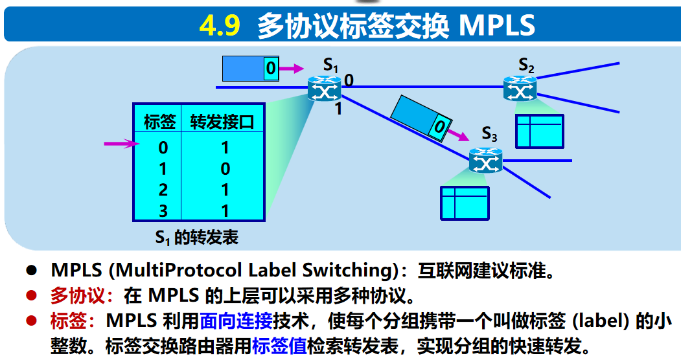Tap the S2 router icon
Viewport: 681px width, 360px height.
point(520,88)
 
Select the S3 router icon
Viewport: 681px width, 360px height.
point(485,159)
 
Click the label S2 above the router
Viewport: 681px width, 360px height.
point(526,65)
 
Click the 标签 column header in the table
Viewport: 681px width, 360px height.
point(159,122)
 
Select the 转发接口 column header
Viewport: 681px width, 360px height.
point(222,122)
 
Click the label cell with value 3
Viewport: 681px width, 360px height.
point(163,210)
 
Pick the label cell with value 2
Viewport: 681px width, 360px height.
point(163,190)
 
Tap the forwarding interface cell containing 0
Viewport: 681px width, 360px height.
point(225,169)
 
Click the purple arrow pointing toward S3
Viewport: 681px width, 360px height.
point(459,135)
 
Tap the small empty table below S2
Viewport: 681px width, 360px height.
point(539,131)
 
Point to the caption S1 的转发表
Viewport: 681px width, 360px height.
point(196,237)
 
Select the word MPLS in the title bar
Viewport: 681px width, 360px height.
point(497,25)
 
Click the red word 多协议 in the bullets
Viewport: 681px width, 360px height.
point(78,297)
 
